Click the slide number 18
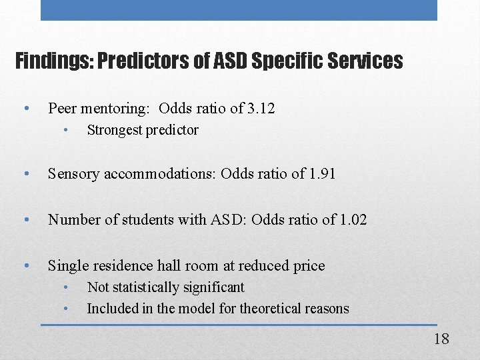point(441,339)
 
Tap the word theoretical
point(257,309)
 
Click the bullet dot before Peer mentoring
point(25,108)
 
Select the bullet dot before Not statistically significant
point(67,287)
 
